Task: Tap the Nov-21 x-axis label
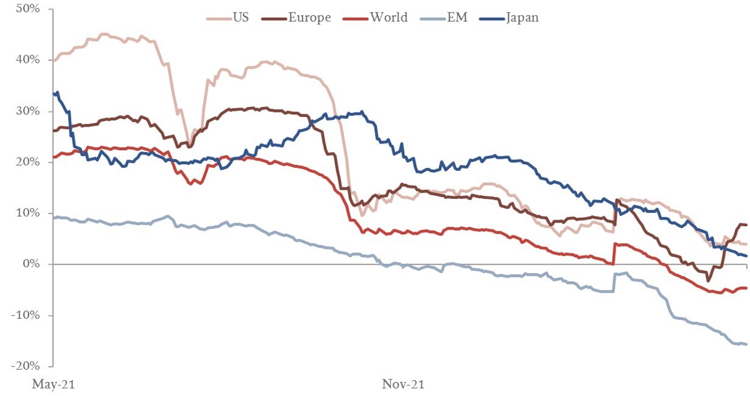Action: point(403,384)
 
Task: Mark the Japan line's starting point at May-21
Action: point(55,94)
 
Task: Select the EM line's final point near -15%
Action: point(746,344)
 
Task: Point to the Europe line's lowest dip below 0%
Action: point(708,280)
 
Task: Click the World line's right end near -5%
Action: point(746,288)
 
